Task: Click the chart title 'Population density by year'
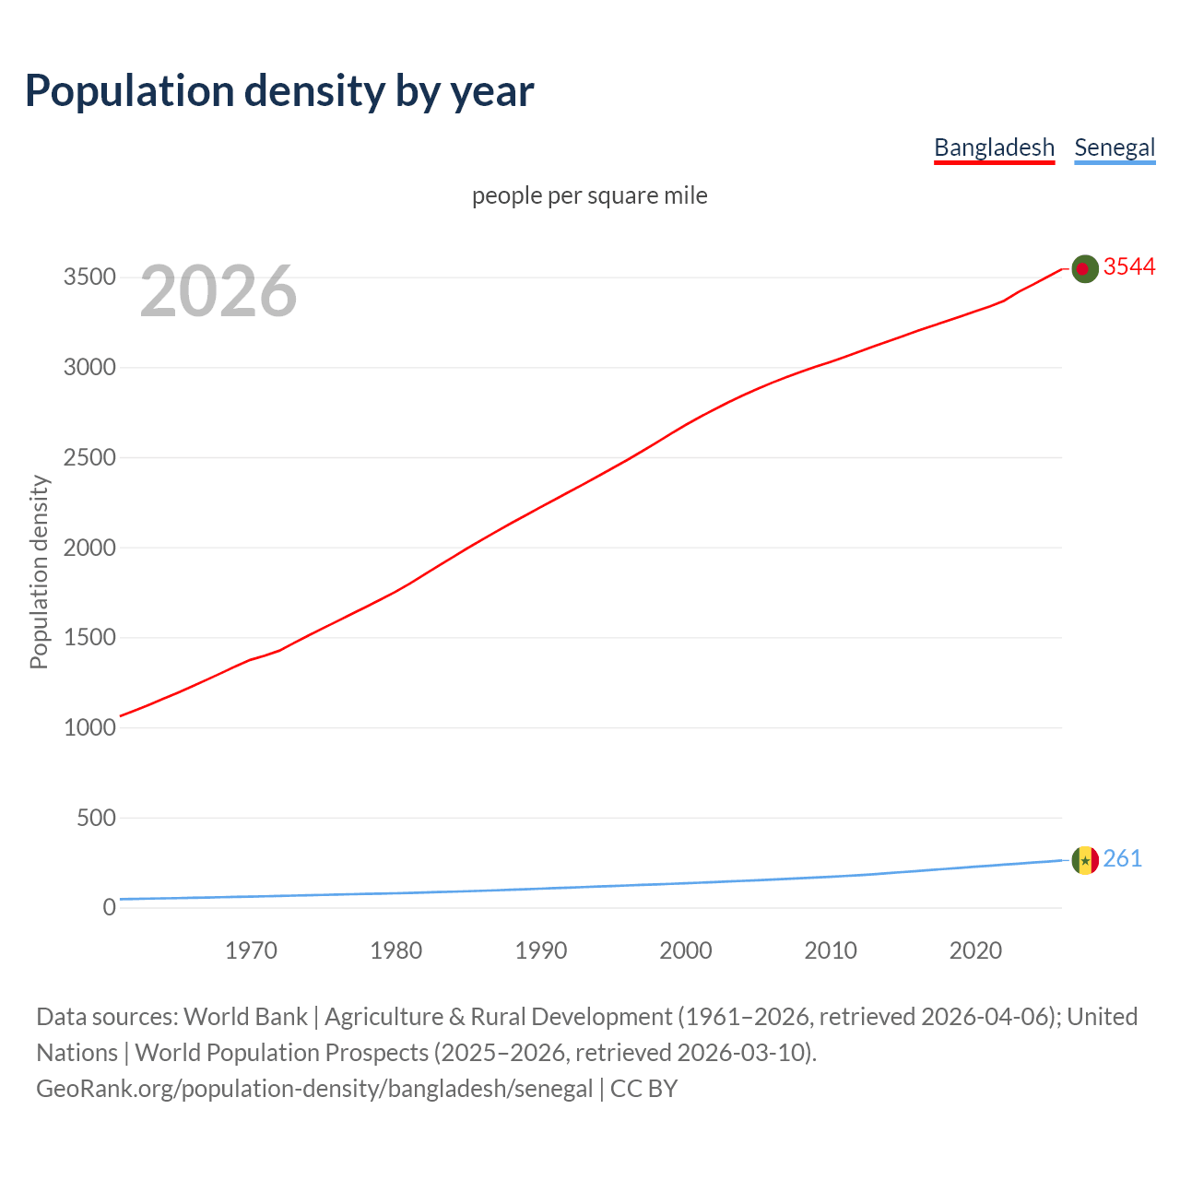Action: pos(279,90)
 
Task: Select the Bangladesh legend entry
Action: pos(994,147)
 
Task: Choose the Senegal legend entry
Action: pos(1115,147)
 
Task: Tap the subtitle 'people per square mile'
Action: pos(590,195)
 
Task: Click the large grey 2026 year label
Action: pos(218,291)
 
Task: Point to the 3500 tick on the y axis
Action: pos(89,277)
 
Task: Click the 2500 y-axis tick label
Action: pos(89,457)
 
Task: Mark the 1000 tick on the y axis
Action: pos(89,727)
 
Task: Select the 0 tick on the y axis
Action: pos(109,907)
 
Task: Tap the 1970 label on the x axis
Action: pos(251,950)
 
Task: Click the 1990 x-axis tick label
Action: pos(541,950)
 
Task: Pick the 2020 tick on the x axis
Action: pos(975,950)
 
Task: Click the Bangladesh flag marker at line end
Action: pos(1085,269)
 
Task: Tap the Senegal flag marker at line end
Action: pos(1085,860)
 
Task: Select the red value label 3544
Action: pos(1129,266)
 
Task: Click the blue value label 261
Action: pos(1123,858)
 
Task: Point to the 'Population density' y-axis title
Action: pos(39,572)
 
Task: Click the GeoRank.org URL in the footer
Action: pos(314,1089)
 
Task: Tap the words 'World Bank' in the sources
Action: pos(245,1017)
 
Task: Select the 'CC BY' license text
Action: pos(643,1089)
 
